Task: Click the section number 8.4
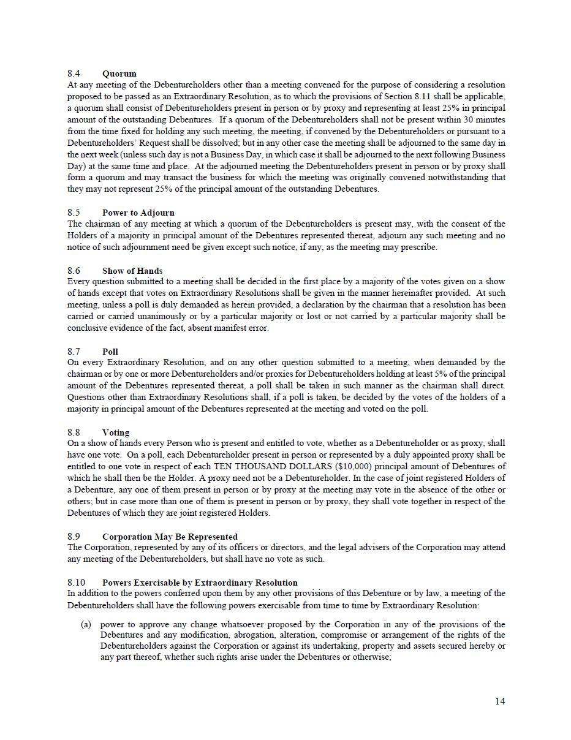74,74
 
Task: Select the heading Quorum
119,74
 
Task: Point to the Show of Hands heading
132,271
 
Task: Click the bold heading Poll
110,352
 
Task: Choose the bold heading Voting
116,432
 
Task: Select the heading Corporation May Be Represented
170,537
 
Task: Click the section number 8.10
76,583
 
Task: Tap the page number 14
500,701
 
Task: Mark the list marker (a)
86,625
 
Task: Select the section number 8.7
74,352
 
